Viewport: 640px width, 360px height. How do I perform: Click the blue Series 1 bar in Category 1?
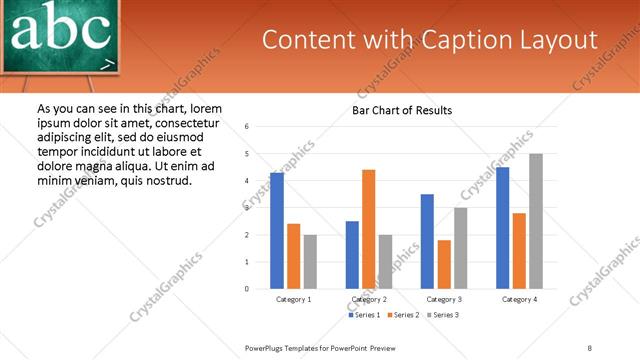(277, 231)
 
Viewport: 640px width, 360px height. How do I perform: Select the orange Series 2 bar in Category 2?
(368, 229)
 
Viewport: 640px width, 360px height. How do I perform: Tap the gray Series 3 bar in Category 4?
(536, 221)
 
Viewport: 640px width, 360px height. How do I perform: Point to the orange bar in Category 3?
(444, 264)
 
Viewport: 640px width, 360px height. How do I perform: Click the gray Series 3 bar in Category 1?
(310, 261)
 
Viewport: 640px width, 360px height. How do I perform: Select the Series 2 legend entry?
(402, 315)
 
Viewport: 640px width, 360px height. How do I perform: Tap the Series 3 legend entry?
(443, 315)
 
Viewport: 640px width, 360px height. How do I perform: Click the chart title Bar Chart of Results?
(402, 110)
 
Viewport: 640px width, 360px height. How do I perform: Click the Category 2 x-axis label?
(369, 299)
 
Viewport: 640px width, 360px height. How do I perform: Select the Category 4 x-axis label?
(520, 299)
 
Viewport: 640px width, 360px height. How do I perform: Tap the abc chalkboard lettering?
(60, 30)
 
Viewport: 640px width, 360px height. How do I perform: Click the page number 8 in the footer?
(589, 347)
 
